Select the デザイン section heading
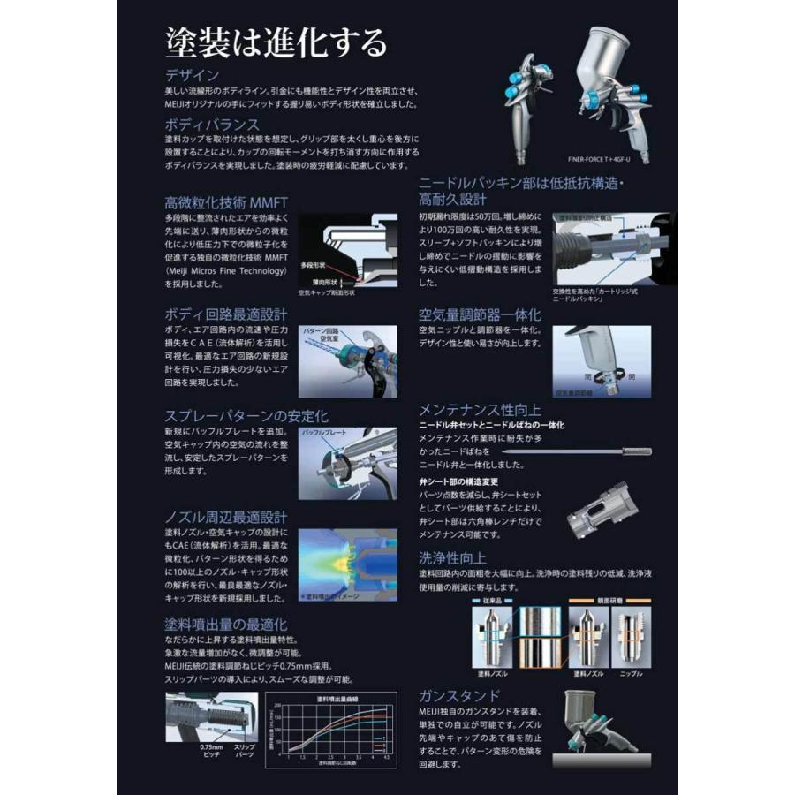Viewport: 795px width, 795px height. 193,75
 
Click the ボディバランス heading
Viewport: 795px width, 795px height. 212,124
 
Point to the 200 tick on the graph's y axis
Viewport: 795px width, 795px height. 279,706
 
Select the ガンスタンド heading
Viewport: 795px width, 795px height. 459,695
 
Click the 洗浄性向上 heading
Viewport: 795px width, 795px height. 452,557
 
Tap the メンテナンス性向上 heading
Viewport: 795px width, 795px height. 480,409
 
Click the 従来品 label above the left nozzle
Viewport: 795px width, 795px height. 493,598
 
